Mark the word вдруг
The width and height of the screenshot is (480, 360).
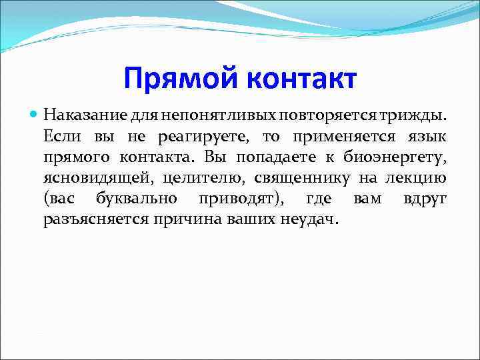click(425, 199)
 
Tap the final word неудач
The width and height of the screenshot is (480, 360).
click(311, 220)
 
